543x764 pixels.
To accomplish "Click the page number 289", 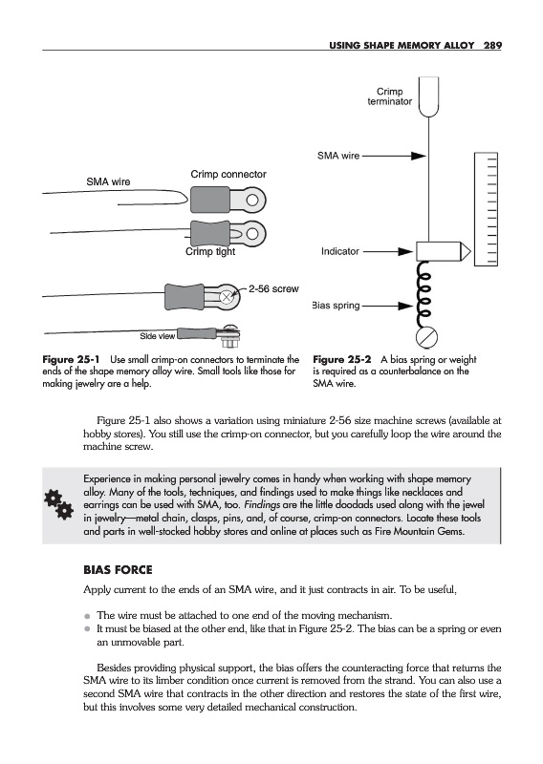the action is [492, 45].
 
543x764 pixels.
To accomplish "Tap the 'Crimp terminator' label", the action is [389, 96].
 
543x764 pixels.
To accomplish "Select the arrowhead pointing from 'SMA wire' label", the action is [419, 156].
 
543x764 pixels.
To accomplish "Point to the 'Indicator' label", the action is [340, 251].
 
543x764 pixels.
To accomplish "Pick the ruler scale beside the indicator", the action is [486, 209].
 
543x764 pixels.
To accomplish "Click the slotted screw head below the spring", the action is [426, 337].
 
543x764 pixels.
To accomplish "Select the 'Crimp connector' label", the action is [228, 174].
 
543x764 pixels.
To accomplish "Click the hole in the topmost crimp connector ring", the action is [251, 201].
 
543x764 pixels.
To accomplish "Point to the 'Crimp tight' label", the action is [210, 251].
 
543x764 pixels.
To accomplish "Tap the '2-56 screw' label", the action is [273, 288].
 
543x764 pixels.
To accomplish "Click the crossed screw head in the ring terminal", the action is [227, 296].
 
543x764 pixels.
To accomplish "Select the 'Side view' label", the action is [157, 336].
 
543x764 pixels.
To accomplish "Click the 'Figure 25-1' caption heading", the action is [71, 360].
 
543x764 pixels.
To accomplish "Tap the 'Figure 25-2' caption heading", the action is [341, 360].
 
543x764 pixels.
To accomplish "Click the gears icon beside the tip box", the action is [59, 505].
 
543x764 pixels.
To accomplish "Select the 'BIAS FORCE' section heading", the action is [118, 569].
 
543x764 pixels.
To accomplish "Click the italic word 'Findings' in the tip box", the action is [262, 505].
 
